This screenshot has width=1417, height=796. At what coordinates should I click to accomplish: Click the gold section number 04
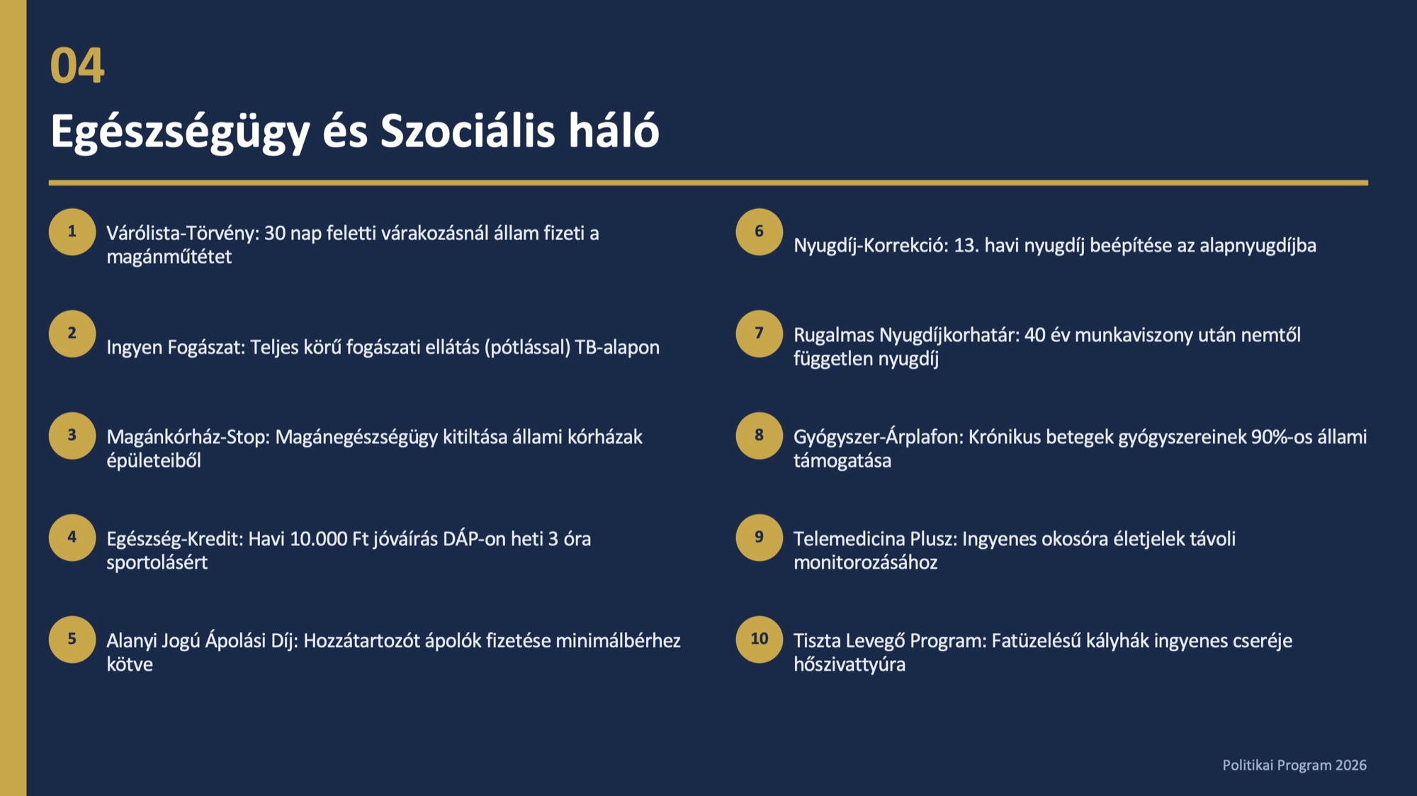77,66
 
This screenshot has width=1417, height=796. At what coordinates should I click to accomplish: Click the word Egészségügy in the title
181,132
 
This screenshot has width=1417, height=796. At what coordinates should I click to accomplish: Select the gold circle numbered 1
72,232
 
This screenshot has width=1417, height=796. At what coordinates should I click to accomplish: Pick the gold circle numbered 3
72,436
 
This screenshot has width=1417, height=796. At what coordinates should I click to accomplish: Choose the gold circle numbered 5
72,639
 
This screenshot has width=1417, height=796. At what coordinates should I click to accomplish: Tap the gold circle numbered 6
760,232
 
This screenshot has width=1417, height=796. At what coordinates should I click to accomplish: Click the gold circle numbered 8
760,436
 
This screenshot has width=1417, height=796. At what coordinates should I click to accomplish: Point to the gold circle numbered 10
760,639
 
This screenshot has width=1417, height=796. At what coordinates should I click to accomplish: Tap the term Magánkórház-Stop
188,437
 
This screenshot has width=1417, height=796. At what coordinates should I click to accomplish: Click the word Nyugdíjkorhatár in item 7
949,336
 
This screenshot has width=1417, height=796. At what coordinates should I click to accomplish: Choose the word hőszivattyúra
849,665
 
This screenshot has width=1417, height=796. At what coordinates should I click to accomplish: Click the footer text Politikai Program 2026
1294,765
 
